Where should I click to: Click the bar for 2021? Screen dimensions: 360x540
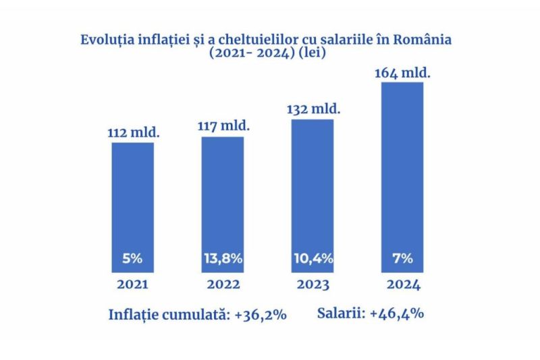click(132, 203)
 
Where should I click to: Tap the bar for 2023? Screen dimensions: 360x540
click(312, 189)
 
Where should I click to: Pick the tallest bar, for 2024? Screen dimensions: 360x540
click(402, 169)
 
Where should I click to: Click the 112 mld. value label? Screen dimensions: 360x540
click(134, 132)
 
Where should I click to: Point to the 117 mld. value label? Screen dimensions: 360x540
click(223, 126)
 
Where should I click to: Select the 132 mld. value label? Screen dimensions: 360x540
click(313, 108)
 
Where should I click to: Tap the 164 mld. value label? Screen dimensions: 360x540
click(403, 71)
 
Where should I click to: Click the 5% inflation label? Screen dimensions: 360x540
click(132, 258)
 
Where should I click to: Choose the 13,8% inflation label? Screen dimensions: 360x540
click(223, 258)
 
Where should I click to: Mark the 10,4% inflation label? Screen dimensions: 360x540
click(312, 258)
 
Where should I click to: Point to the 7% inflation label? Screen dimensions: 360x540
click(402, 258)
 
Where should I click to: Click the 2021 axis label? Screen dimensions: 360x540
click(132, 284)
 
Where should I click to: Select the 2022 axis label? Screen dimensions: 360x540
click(223, 284)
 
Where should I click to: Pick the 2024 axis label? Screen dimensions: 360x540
click(402, 284)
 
